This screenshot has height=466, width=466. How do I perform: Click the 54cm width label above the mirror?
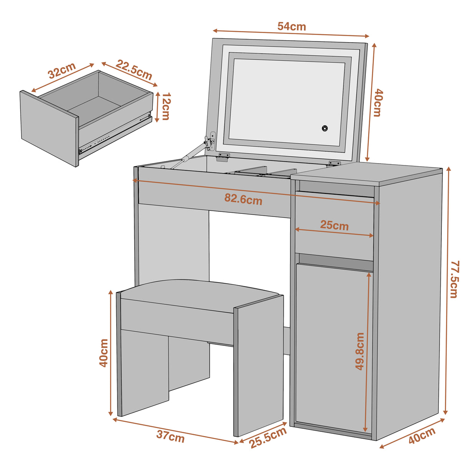pos(291,26)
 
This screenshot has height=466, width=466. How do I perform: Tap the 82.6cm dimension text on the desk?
pos(243,199)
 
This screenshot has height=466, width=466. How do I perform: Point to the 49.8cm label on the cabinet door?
pos(360,351)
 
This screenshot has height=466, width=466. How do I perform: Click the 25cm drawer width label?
pos(334,225)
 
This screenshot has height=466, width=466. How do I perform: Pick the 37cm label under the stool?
pos(170,436)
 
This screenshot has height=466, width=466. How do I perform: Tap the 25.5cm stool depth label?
pos(268,438)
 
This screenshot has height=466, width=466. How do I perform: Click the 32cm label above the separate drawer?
pos(62,70)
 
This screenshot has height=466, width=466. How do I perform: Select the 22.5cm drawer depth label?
pos(134,69)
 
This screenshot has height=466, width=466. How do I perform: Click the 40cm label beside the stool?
pos(104,352)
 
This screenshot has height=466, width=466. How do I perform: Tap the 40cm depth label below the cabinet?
pos(421,436)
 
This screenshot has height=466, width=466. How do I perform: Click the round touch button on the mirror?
pos(325,128)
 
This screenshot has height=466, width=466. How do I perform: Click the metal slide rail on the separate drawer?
pos(115,135)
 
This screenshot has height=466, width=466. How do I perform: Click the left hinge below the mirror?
pos(224,155)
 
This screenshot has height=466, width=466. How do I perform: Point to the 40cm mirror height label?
pos(378,102)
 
